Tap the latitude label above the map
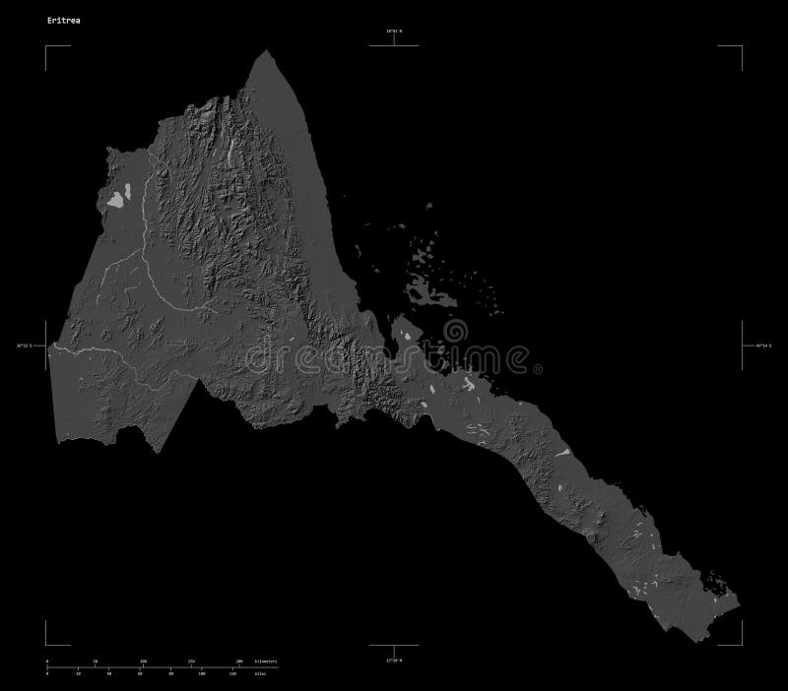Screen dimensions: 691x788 tap(395, 31)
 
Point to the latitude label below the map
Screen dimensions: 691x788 tap(395, 660)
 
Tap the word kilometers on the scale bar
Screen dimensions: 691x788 tap(265, 660)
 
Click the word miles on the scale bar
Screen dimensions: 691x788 tap(260, 673)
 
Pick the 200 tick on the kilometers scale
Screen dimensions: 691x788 tap(239, 660)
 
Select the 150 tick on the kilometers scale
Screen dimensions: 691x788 tap(191, 660)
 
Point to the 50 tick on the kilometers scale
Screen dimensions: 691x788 tap(96, 660)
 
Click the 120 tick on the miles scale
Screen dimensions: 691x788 tap(233, 673)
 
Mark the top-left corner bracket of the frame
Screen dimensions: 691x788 tap(46, 46)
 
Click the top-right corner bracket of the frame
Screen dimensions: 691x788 tap(741, 46)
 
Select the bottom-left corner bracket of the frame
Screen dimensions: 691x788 tap(46, 644)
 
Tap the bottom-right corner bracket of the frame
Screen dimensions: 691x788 tap(741, 644)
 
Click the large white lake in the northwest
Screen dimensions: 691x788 tap(117, 200)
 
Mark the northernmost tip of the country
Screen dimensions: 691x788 tap(266, 50)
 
